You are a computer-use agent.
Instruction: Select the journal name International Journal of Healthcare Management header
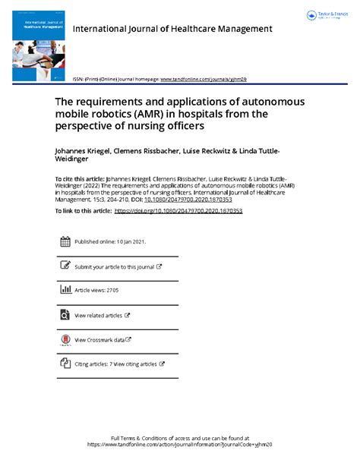tap(172, 29)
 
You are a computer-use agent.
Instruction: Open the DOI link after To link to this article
tap(178, 210)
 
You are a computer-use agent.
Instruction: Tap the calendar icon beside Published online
tap(65, 242)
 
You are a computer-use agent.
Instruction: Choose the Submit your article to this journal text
tap(114, 266)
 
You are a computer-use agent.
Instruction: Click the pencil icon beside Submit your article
tap(65, 266)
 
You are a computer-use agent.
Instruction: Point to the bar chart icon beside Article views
tap(65, 290)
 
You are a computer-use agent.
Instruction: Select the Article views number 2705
tap(110, 290)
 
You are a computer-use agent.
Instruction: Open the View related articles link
tap(99, 315)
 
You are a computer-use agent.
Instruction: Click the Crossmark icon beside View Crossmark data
tap(65, 339)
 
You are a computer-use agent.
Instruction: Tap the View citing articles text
tap(136, 363)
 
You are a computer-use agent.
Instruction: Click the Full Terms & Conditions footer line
tap(180, 439)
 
